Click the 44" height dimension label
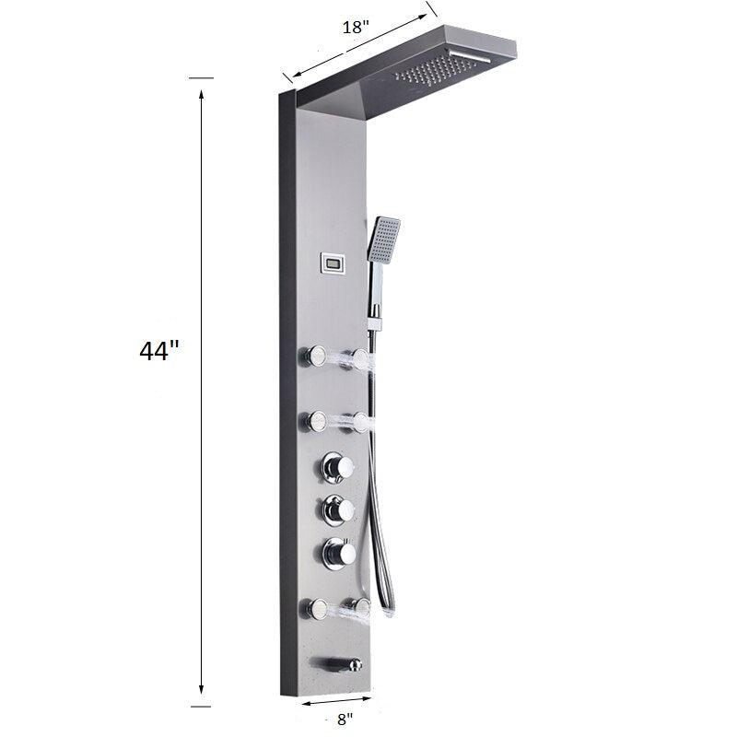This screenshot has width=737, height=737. [x=159, y=351]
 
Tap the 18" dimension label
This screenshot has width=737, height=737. [x=354, y=28]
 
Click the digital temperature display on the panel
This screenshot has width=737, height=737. [x=333, y=263]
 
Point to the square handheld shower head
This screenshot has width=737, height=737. [x=384, y=239]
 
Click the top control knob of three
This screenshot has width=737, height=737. [x=337, y=467]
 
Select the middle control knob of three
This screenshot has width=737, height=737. [x=337, y=510]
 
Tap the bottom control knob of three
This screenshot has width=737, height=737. [x=337, y=553]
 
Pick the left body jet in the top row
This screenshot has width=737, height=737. [x=313, y=357]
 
